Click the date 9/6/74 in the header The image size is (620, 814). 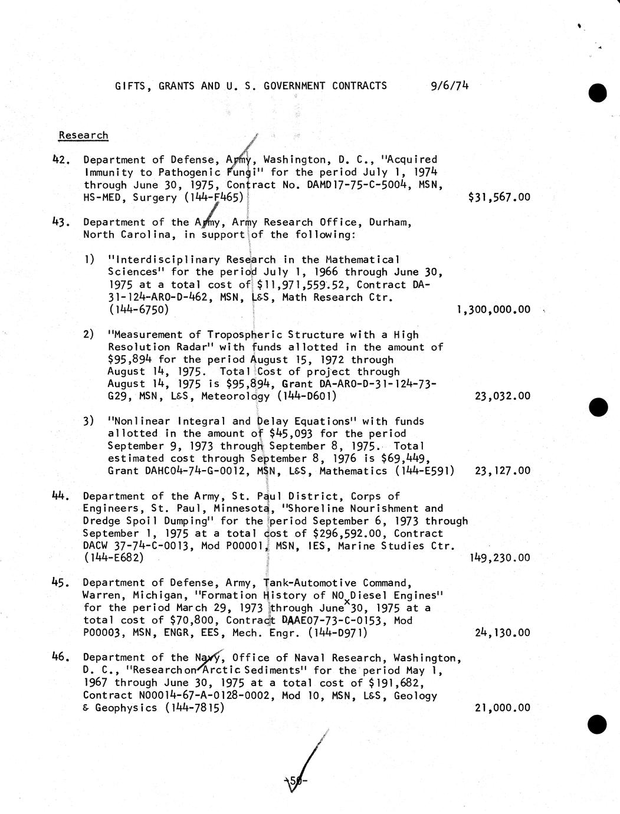pyautogui.click(x=450, y=86)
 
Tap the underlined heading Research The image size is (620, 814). pyautogui.click(x=83, y=135)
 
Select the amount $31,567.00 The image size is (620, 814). pyautogui.click(x=498, y=197)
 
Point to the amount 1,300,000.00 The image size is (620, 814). pyautogui.click(x=493, y=309)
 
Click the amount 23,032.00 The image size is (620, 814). pyautogui.click(x=502, y=396)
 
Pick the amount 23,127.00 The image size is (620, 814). pyautogui.click(x=502, y=471)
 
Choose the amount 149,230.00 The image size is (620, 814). pyautogui.click(x=500, y=557)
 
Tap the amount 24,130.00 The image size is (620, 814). pyautogui.click(x=502, y=632)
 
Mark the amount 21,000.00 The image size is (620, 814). pyautogui.click(x=502, y=707)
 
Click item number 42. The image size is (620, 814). pyautogui.click(x=62, y=160)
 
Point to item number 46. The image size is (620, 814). pyautogui.click(x=62, y=657)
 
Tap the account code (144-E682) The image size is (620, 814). pyautogui.click(x=113, y=557)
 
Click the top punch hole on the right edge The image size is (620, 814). pyautogui.click(x=598, y=93)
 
